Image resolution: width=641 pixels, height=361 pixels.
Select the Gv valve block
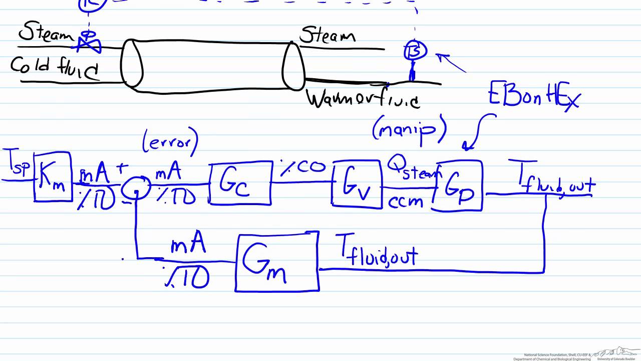356,184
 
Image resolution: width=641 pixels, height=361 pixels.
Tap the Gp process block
458,185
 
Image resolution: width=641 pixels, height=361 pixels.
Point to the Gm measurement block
276,262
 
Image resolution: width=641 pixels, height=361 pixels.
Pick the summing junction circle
136,187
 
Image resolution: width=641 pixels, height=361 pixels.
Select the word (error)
170,142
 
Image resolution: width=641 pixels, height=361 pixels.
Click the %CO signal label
302,167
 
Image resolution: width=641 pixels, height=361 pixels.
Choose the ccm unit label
406,201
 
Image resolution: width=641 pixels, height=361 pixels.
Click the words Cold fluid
55,68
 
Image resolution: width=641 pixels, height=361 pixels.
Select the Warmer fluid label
363,99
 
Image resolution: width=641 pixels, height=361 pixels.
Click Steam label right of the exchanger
328,36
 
